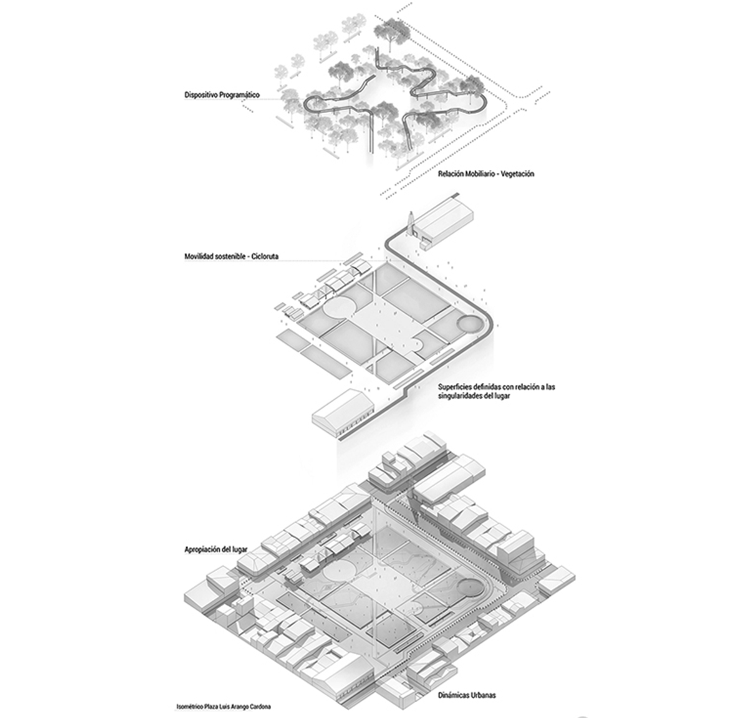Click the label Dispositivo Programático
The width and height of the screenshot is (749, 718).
[x=222, y=95]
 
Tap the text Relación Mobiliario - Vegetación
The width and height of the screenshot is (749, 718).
[x=486, y=174]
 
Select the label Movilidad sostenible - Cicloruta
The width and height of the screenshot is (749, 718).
[x=231, y=256]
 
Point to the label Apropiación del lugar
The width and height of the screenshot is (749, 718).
[x=215, y=550]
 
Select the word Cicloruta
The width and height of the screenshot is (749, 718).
[x=265, y=256]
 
